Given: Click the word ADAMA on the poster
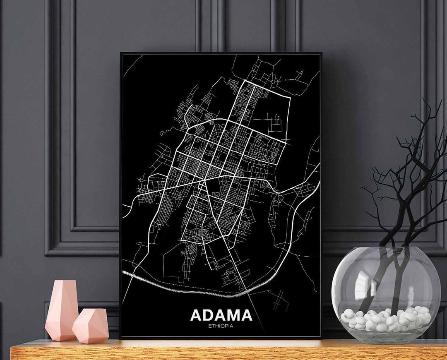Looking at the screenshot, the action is tap(221, 315).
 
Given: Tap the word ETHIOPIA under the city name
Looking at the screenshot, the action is tap(221, 326).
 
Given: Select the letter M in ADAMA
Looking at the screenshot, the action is tap(229, 315).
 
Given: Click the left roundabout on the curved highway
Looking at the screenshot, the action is tap(132, 274).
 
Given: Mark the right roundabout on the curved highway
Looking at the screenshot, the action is tap(247, 292).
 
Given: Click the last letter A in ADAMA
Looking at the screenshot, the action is tap(245, 315).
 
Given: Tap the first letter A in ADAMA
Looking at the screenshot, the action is tap(197, 315).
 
